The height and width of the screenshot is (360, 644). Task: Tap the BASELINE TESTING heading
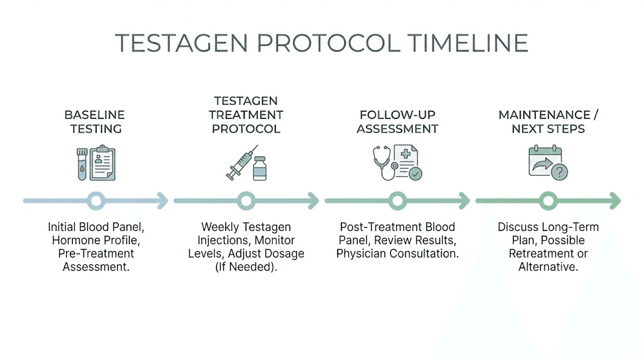94,121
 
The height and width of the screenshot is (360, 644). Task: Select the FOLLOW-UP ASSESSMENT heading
397,121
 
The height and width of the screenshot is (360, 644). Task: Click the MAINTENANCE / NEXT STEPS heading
548,121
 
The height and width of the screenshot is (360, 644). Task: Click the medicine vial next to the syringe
259,169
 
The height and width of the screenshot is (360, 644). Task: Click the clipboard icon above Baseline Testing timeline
103,162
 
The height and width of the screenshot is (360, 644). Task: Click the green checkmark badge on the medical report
415,173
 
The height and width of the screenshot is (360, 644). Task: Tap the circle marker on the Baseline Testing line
96,201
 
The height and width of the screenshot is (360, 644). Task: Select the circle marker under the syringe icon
247,201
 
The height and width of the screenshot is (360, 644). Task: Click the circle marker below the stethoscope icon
397,201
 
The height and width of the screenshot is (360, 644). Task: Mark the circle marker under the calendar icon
548,201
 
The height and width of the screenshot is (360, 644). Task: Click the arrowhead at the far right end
616,201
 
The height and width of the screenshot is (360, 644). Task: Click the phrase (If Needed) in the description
247,267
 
